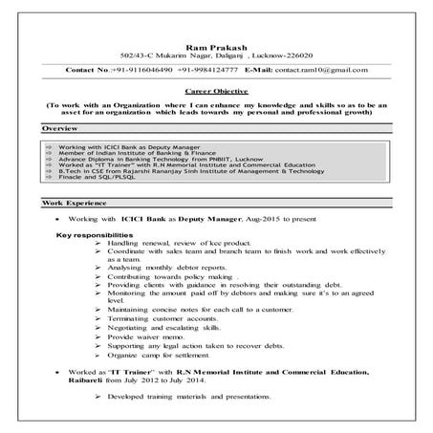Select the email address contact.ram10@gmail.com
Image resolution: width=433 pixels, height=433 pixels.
pyautogui.click(x=322, y=70)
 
